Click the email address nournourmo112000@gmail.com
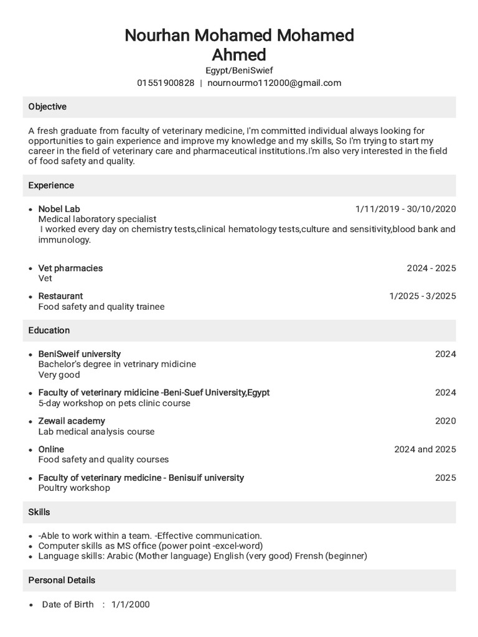[274, 83]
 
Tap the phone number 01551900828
[166, 83]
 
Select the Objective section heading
[47, 107]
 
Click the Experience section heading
[51, 185]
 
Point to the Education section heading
[49, 330]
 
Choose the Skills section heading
[39, 512]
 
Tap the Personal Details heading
[62, 580]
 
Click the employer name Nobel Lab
[59, 209]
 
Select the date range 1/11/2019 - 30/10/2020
[405, 209]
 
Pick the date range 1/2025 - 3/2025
[422, 296]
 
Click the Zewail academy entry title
[72, 421]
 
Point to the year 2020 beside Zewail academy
[445, 421]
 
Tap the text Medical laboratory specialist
[97, 219]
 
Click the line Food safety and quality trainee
[101, 307]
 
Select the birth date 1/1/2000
[131, 604]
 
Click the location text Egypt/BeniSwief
[239, 71]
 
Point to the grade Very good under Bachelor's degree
[59, 374]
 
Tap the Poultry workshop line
[74, 488]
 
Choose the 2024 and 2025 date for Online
[424, 449]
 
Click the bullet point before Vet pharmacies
[30, 269]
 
